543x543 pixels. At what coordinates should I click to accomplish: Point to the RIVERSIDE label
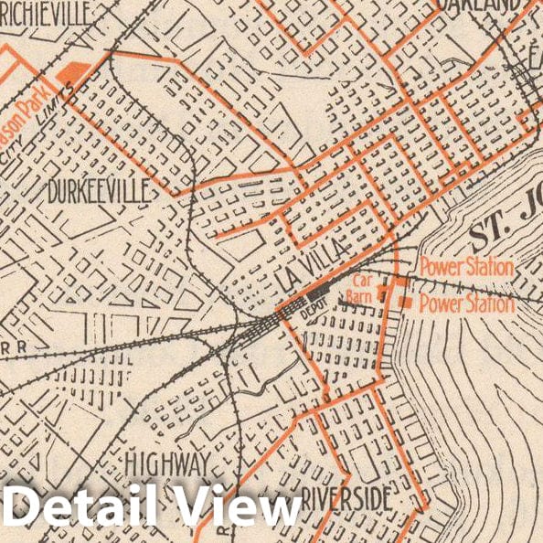click(346, 500)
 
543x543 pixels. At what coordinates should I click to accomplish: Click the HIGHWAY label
click(168, 461)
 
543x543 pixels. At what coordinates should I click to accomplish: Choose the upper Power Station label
click(466, 268)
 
